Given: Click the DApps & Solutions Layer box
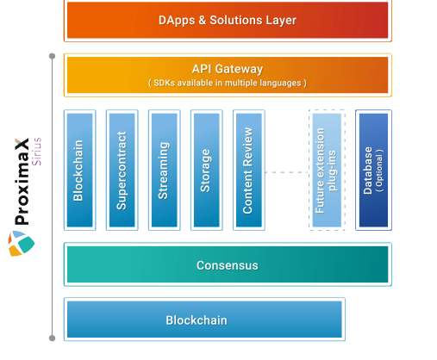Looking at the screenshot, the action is [x=228, y=20].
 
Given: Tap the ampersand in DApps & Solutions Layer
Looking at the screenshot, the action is [x=203, y=20].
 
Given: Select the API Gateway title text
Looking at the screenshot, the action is [x=228, y=69].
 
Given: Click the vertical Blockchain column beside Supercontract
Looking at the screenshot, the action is [x=79, y=170].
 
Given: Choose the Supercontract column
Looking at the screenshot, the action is [x=122, y=170].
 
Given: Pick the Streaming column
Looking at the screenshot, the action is [x=164, y=170].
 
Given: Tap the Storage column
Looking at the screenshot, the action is [x=207, y=170].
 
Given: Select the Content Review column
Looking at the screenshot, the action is [x=249, y=170].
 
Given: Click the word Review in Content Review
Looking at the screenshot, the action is [x=247, y=147].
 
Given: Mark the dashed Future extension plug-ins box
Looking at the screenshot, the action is [x=327, y=170].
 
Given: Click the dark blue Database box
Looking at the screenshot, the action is [x=373, y=170].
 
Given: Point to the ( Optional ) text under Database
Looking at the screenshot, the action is [x=379, y=171].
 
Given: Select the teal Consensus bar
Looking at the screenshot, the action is [x=228, y=264].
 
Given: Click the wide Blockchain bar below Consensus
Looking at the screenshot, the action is [x=204, y=320].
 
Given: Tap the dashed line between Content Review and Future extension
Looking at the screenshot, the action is [x=287, y=172].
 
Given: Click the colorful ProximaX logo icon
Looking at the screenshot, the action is [x=22, y=244].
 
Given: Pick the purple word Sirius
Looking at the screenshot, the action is [x=37, y=152].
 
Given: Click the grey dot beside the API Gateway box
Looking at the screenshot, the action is [x=52, y=56].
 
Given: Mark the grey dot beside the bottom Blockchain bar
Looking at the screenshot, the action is [x=52, y=338].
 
